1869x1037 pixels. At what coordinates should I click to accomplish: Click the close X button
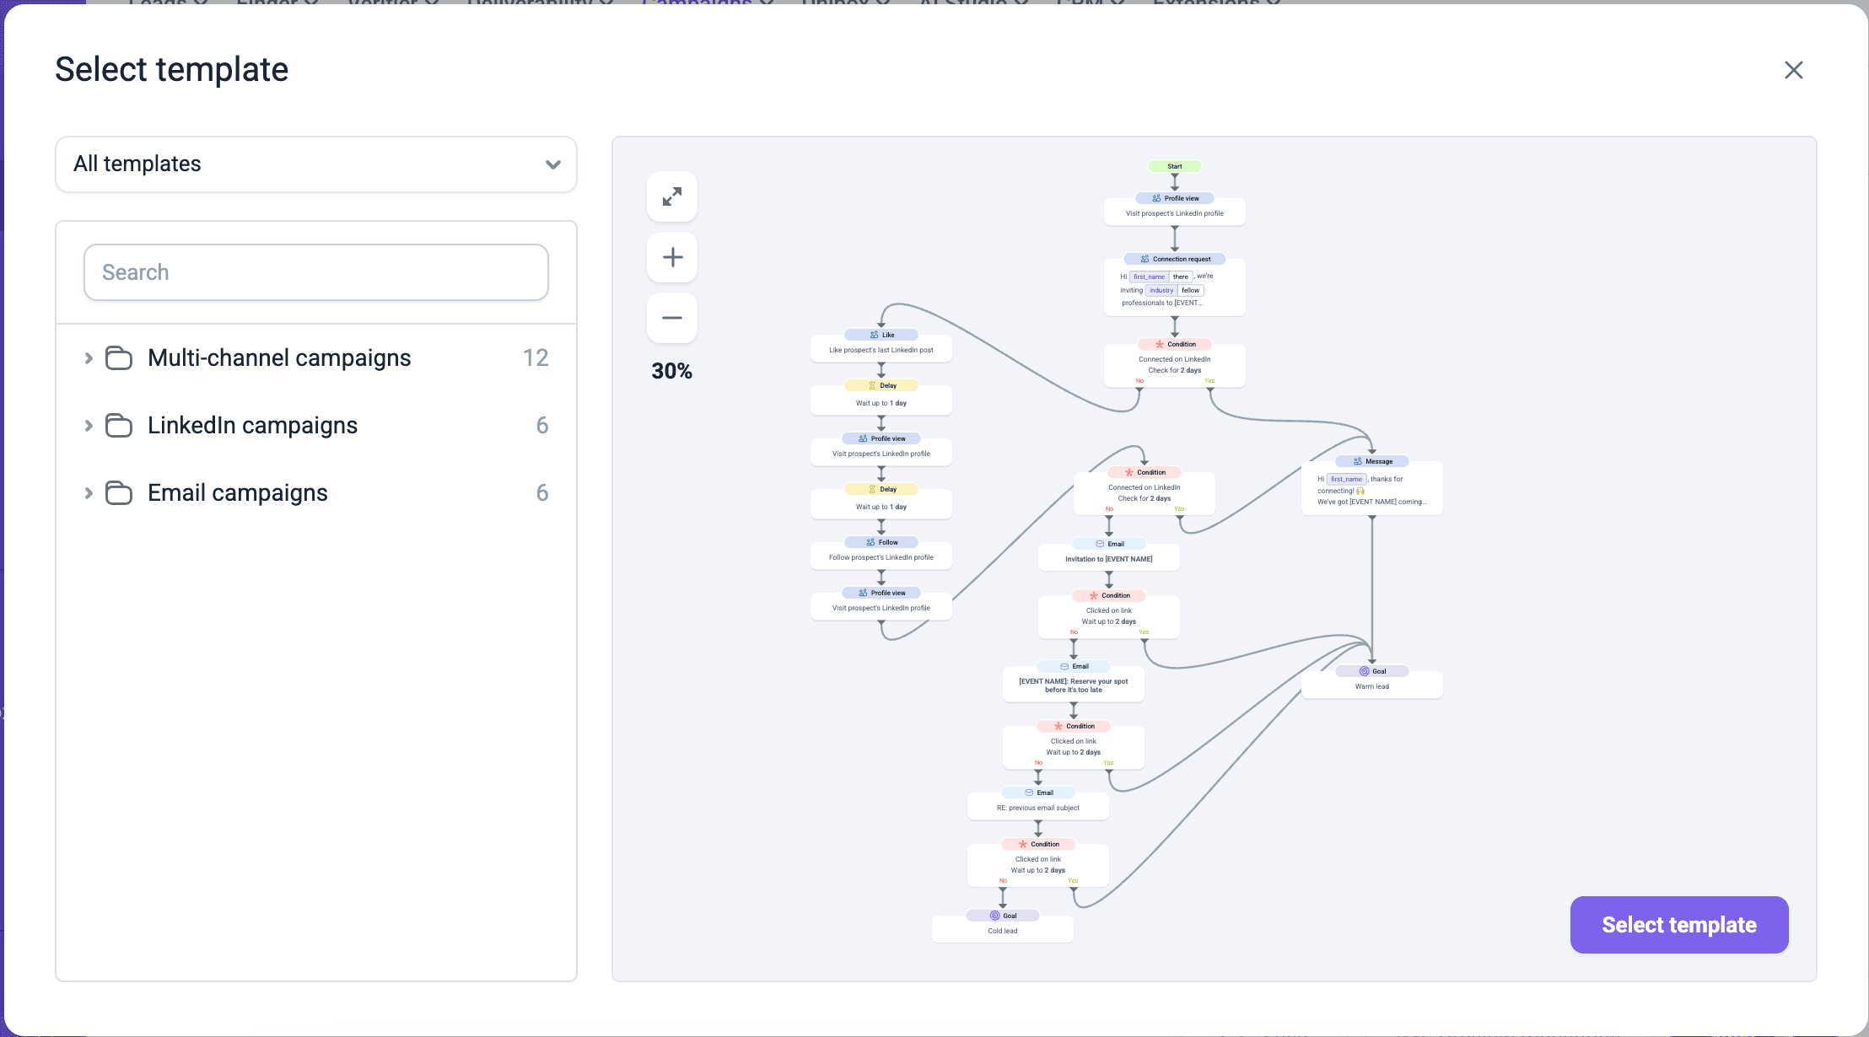(1793, 70)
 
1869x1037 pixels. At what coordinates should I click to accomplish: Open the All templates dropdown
(315, 164)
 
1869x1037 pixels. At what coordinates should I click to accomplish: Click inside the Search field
(315, 272)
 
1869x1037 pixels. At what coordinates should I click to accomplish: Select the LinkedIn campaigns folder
(252, 425)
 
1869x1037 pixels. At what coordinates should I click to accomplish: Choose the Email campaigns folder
(237, 492)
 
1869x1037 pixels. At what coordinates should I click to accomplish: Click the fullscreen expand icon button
(672, 196)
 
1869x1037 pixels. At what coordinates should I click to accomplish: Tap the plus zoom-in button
(672, 257)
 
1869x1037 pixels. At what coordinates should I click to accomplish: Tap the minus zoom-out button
(672, 318)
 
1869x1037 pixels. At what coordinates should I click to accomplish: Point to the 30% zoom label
(671, 371)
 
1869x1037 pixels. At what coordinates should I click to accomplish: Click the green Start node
(1174, 166)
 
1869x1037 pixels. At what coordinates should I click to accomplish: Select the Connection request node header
(1174, 259)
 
